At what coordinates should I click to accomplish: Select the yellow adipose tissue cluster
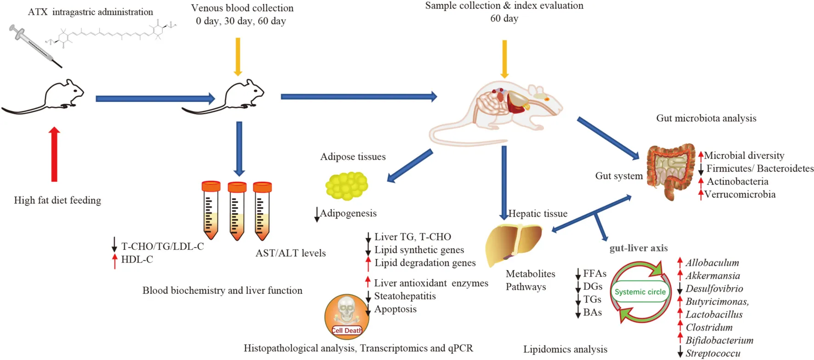(347, 186)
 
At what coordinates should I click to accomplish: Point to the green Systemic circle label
(640, 292)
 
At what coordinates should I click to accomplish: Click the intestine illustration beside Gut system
(671, 171)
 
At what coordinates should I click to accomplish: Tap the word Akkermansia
(712, 276)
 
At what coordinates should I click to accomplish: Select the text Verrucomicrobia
(740, 195)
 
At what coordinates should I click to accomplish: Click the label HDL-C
(137, 260)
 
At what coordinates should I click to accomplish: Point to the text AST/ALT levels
(290, 253)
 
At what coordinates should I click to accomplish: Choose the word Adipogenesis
(348, 214)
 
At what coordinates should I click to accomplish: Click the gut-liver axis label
(639, 248)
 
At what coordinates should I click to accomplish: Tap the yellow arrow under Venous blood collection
(237, 56)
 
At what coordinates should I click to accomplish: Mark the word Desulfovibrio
(714, 289)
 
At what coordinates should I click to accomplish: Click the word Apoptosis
(396, 309)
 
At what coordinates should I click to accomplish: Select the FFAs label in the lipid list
(594, 274)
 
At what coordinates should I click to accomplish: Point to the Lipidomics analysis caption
(565, 349)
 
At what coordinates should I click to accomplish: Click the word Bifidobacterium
(719, 341)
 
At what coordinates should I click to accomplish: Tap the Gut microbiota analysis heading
(706, 118)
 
